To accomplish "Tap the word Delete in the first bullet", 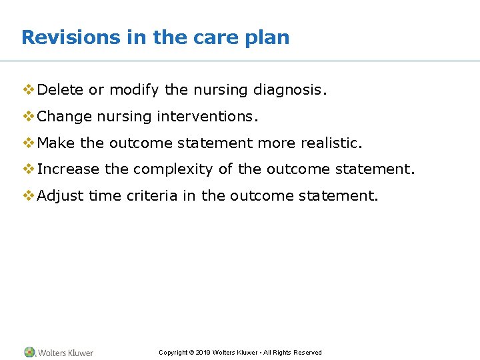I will (x=61, y=90).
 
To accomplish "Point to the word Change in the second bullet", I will (x=65, y=117).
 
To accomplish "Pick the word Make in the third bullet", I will (x=56, y=143).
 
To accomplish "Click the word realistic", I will (x=331, y=143).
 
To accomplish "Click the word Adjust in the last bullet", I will (x=61, y=196).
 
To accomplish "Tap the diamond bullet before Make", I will (x=29, y=143).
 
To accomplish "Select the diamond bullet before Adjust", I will (x=29, y=196).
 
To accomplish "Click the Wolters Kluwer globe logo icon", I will (x=30, y=352).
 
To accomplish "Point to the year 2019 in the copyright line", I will (x=204, y=353).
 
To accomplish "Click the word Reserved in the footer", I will (x=307, y=353).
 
